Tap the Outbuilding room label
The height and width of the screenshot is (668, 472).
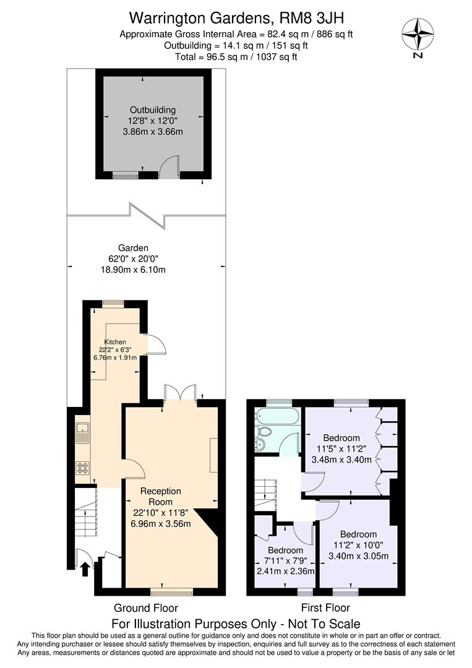152,110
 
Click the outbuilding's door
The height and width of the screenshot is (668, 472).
168,168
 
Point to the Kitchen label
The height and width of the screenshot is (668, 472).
115,342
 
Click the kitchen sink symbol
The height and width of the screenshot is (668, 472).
82,432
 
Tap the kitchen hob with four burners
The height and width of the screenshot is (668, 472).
83,468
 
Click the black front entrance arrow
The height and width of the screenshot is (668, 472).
85,567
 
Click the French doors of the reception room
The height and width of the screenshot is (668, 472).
181,393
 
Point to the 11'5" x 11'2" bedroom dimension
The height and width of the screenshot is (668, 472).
341,449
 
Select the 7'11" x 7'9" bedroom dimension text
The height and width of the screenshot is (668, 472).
285,560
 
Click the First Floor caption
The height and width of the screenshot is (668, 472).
325,607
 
